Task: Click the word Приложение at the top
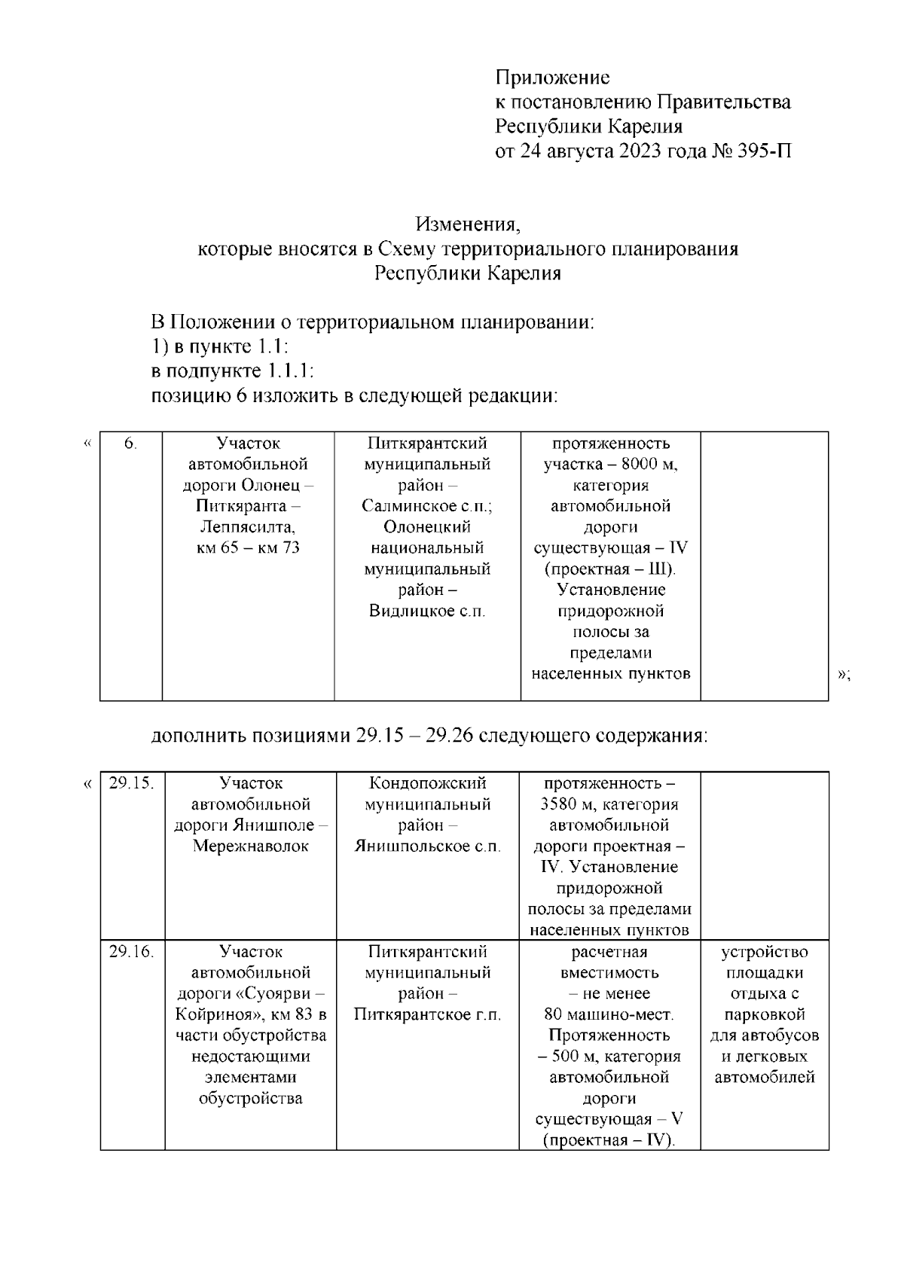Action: coord(552,78)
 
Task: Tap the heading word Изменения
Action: coord(468,224)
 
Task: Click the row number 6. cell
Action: coord(131,444)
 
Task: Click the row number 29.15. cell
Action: coord(132,783)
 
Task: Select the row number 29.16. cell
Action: coord(132,952)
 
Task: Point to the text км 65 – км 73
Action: coord(248,547)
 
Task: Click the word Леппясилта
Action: coord(248,526)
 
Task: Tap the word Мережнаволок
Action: coord(250,846)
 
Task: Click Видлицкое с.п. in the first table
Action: coord(427,611)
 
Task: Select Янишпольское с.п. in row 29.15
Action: coord(427,846)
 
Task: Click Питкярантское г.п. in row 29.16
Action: coord(427,1014)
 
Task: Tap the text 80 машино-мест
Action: coord(609,1014)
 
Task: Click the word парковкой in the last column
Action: coord(764,1014)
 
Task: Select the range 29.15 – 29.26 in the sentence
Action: coord(414,735)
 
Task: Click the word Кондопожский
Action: coord(427,783)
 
